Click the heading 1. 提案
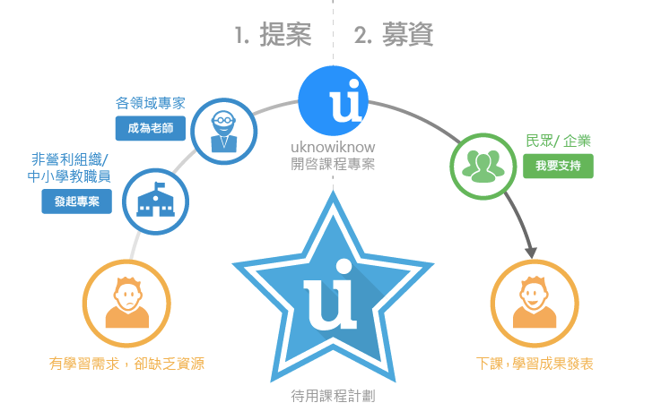pyautogui.click(x=274, y=35)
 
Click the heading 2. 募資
pyautogui.click(x=394, y=35)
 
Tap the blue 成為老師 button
pyautogui.click(x=151, y=128)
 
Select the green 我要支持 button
pyautogui.click(x=558, y=166)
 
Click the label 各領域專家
pyautogui.click(x=151, y=103)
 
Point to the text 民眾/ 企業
pyautogui.click(x=558, y=141)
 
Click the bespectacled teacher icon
pyautogui.click(x=224, y=132)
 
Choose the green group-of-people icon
pyautogui.click(x=483, y=167)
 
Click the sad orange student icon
pyautogui.click(x=126, y=302)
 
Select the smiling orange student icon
pyautogui.click(x=535, y=302)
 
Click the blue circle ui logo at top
pyautogui.click(x=333, y=101)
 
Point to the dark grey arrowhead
pyautogui.click(x=531, y=252)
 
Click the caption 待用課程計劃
pyautogui.click(x=333, y=396)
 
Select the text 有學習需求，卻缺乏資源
pyautogui.click(x=126, y=364)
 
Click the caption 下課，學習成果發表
pyautogui.click(x=535, y=364)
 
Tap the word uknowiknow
pyautogui.click(x=333, y=147)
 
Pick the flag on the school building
pyautogui.click(x=160, y=185)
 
